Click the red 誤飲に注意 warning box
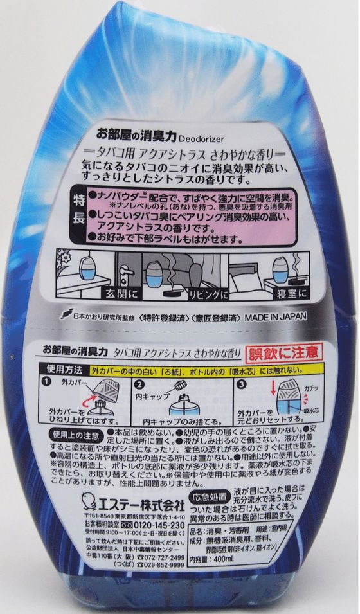click(285, 352)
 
